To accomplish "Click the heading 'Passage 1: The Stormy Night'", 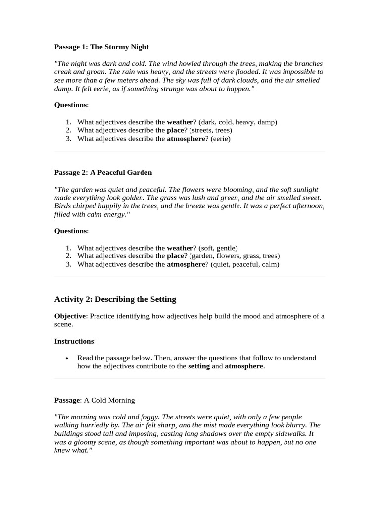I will click(x=101, y=47).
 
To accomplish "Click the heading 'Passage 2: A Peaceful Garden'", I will click(x=103, y=172).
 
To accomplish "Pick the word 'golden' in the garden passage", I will click(x=154, y=198).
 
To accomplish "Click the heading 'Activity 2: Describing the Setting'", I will click(x=115, y=299).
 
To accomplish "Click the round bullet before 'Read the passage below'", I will click(x=67, y=358).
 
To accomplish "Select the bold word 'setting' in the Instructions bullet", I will click(x=199, y=366).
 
